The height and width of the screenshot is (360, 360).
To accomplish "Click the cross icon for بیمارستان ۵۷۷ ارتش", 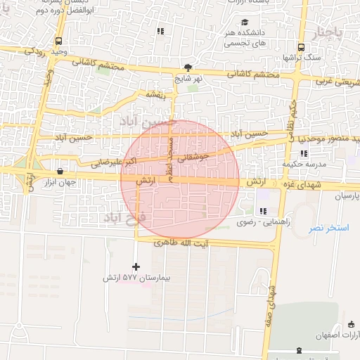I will (136, 266).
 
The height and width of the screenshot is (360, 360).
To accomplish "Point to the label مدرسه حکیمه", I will (305, 164).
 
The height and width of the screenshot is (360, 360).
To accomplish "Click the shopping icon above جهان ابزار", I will (60, 171).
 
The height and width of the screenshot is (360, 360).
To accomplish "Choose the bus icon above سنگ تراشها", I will (301, 47).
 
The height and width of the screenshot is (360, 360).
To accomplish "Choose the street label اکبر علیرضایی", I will (108, 162).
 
